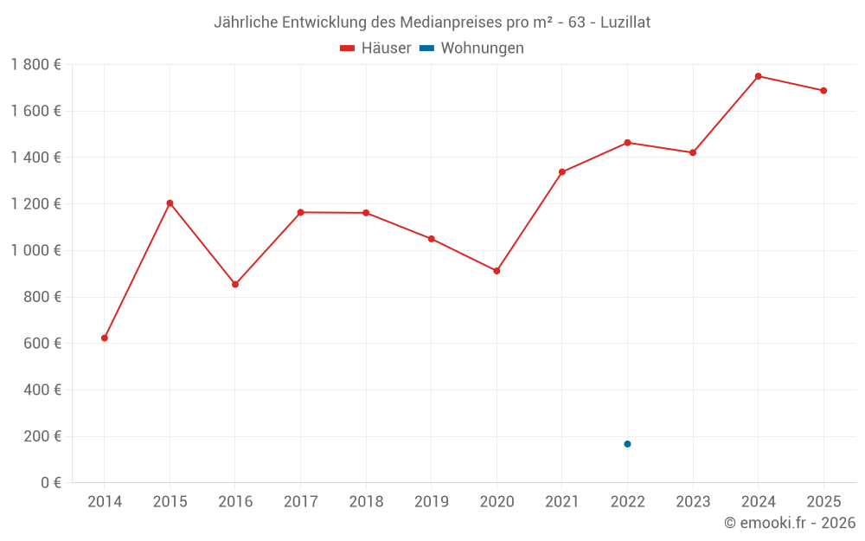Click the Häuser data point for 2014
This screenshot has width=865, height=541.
[x=105, y=338]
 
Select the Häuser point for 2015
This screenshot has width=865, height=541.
[x=170, y=203]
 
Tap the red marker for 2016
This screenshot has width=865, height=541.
[x=235, y=284]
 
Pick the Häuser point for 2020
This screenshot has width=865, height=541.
[x=497, y=271]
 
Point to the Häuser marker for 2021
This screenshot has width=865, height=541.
[x=562, y=171]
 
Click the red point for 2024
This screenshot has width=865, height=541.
[x=759, y=76]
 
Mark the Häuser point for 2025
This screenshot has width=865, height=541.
[x=823, y=90]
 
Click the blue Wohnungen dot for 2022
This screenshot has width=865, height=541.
[x=627, y=444]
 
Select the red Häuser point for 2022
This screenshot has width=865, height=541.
[x=627, y=142]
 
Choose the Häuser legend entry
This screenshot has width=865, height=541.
[x=375, y=48]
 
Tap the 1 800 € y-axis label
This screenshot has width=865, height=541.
[x=35, y=64]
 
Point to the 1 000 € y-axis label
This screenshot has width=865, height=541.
[x=35, y=250]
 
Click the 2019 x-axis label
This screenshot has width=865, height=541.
[x=432, y=501]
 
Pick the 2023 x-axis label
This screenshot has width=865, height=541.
[x=693, y=501]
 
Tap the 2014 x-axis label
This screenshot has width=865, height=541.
[x=105, y=501]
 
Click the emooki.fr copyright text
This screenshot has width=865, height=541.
[x=790, y=523]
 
